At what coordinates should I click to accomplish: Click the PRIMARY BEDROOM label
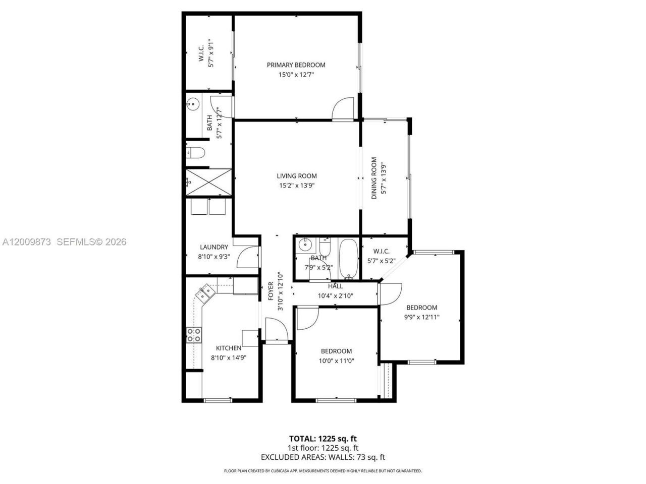click(296, 65)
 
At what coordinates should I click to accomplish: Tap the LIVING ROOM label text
click(297, 176)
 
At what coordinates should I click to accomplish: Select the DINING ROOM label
click(374, 178)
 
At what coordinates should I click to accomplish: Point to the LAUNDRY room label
click(214, 247)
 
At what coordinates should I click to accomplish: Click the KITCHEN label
click(229, 348)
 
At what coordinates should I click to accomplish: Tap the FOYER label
click(271, 291)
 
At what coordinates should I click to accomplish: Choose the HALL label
click(336, 286)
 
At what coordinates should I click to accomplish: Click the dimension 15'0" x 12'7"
click(296, 75)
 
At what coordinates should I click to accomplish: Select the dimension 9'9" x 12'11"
click(421, 317)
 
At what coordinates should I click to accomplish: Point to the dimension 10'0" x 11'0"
click(337, 360)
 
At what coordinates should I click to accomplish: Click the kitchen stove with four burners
click(194, 335)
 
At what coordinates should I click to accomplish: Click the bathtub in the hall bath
click(348, 259)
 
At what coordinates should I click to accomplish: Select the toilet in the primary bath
click(195, 153)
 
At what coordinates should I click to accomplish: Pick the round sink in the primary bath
click(193, 104)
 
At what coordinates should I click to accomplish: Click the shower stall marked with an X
click(208, 182)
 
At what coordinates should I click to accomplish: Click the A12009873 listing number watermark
click(26, 242)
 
